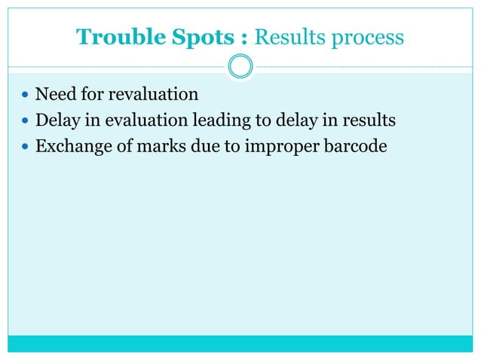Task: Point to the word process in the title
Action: click(363, 38)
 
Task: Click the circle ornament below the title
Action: click(240, 66)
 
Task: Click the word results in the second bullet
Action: click(369, 121)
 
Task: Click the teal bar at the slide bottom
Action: click(240, 343)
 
